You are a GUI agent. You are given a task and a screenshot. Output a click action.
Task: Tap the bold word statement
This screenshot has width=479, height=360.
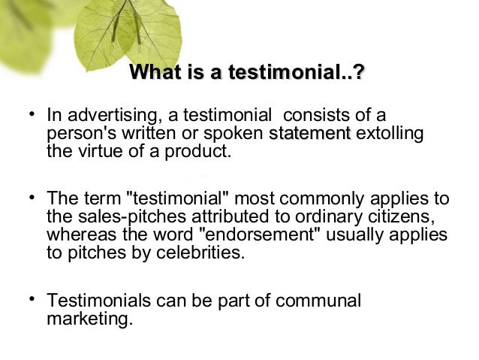point(309,134)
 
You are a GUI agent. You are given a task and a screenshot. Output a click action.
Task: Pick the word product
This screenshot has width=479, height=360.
point(197,151)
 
